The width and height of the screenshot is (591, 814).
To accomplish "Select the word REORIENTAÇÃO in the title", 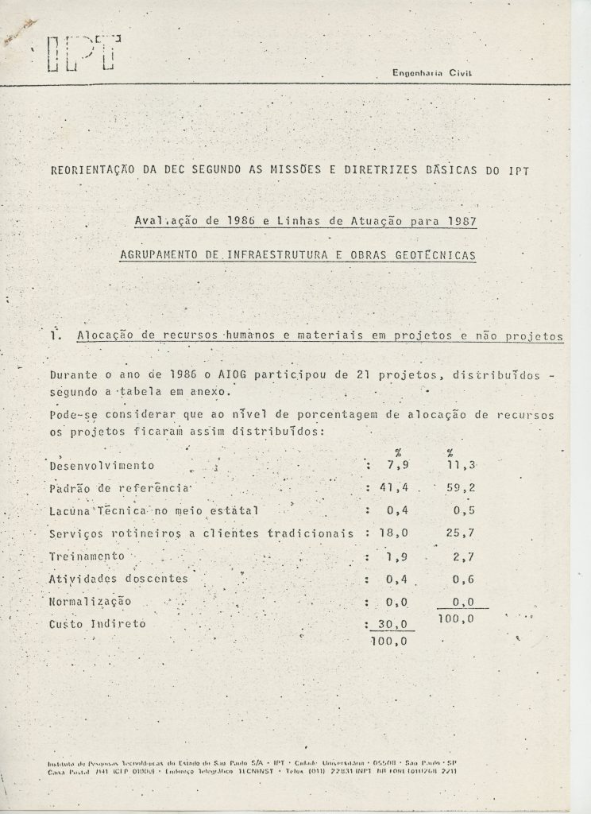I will coord(88,169).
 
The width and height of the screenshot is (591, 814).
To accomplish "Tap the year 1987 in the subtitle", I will coord(458,222).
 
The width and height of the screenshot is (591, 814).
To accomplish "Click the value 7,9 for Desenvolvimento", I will coord(387,465).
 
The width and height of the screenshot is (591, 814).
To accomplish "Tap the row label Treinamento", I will coord(88,556).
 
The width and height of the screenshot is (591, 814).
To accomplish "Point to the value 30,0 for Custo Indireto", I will coord(387,624).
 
